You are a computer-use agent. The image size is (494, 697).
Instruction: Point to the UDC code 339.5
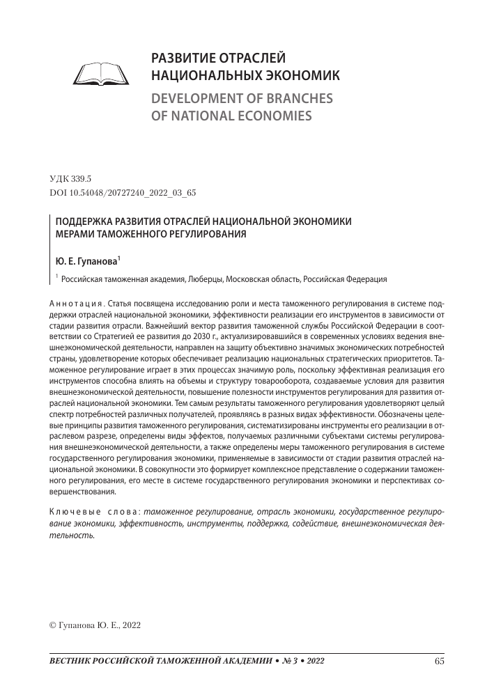click(82, 178)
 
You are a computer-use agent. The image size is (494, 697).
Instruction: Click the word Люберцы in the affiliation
click(203, 280)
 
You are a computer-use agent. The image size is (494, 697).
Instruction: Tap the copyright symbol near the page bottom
click(53, 625)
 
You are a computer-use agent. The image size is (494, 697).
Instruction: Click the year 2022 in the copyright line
click(130, 625)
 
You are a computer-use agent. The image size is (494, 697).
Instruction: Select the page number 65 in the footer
click(439, 661)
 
